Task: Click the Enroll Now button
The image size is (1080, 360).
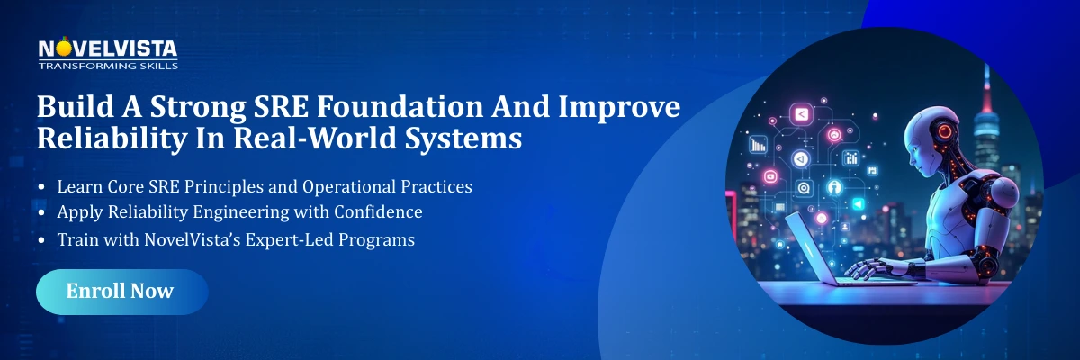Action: coord(121,292)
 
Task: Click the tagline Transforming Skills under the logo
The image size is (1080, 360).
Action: coord(108,66)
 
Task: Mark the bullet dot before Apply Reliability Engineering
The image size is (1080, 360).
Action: coord(42,214)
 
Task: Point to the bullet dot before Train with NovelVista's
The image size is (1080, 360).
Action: coord(42,241)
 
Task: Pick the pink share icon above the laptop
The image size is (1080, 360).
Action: coord(800,113)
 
